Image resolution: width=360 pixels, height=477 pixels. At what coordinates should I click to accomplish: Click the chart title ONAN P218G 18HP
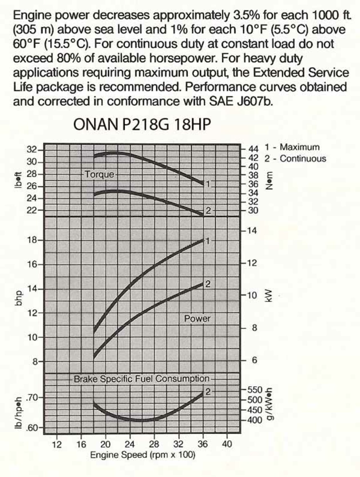[x=142, y=124]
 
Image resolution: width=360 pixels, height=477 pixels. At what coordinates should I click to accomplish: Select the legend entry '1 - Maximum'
[x=292, y=147]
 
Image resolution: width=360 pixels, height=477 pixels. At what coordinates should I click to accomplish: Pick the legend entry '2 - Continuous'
[x=295, y=159]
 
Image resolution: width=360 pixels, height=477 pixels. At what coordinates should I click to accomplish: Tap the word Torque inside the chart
[x=99, y=174]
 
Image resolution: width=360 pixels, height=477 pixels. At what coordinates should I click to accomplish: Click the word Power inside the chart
[x=197, y=319]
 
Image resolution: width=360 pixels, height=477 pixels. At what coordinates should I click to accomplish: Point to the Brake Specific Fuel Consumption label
[x=141, y=379]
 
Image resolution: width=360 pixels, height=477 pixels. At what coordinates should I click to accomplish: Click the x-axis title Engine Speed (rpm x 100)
[x=143, y=455]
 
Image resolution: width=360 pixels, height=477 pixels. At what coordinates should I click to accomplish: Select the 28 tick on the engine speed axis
[x=154, y=444]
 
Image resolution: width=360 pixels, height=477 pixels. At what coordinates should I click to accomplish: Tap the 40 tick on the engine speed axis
[x=227, y=444]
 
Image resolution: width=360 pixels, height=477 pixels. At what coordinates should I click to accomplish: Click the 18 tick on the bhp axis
[x=32, y=240]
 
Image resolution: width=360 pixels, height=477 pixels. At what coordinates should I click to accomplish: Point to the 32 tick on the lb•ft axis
[x=32, y=150]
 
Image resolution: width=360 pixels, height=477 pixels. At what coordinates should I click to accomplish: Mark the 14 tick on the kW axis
[x=252, y=231]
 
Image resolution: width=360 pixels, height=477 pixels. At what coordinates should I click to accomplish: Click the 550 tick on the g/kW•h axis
[x=255, y=390]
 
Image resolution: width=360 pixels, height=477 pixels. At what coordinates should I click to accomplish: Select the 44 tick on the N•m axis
[x=253, y=149]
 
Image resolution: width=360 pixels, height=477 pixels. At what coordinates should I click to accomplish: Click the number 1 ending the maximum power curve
[x=208, y=241]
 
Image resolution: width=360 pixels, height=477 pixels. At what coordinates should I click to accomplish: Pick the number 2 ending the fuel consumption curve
[x=208, y=391]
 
